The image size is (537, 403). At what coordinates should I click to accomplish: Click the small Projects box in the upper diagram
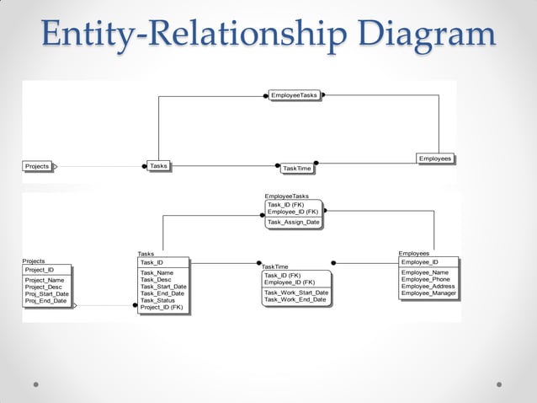click(37, 166)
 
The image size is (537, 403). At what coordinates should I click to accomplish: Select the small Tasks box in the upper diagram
click(158, 166)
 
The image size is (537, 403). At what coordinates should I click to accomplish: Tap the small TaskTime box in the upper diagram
click(297, 169)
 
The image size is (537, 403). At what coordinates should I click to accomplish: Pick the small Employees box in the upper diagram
click(435, 159)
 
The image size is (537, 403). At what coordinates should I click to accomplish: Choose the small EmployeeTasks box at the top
click(294, 95)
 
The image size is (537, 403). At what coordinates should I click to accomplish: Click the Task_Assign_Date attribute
click(293, 223)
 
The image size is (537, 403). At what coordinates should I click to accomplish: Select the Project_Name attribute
click(45, 280)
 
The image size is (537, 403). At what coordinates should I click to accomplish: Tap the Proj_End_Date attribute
click(45, 300)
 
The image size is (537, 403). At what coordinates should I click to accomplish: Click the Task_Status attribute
click(157, 300)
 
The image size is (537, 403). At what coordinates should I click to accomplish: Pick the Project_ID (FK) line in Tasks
click(162, 307)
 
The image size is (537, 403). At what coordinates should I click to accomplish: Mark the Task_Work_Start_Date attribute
click(296, 293)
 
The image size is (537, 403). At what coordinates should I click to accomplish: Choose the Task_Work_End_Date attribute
click(295, 299)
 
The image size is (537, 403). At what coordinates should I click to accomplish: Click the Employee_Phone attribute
click(426, 279)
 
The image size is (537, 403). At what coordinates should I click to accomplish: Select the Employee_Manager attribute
click(428, 293)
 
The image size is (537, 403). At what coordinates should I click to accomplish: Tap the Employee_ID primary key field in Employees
click(420, 262)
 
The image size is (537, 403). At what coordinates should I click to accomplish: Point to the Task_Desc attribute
click(157, 280)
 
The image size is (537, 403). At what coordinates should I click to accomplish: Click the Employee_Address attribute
click(428, 286)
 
